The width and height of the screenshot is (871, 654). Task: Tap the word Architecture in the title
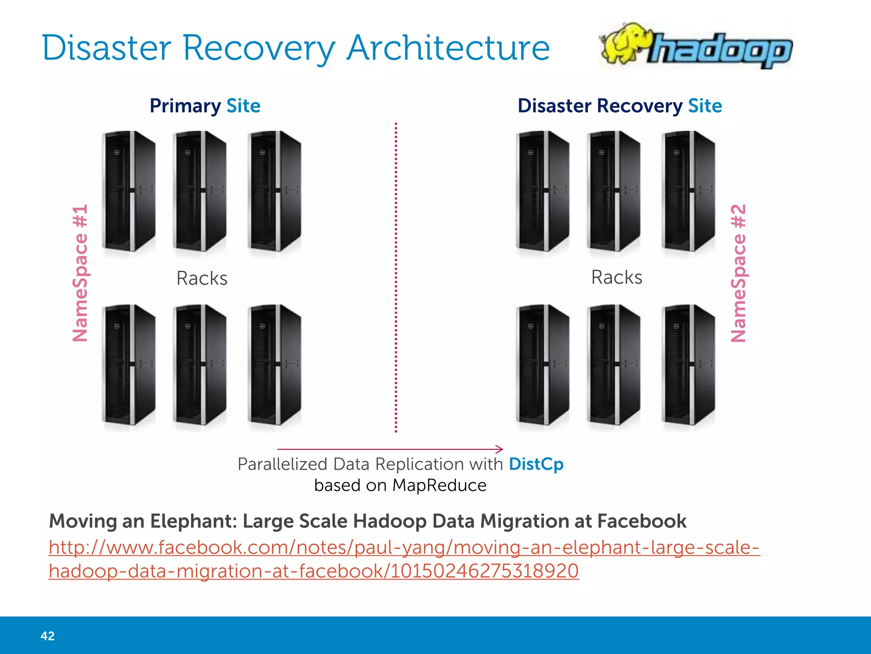coord(448,48)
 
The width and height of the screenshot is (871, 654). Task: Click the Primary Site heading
coord(205,106)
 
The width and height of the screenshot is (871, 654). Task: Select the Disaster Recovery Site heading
coord(619,106)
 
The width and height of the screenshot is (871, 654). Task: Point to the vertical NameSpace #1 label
coord(80,273)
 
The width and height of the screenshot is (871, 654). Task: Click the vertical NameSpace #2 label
coord(738,273)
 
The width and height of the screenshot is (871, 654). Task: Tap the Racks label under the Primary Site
coord(202,278)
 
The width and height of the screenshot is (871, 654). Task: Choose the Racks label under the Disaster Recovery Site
coord(617,277)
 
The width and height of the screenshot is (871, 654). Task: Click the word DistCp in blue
coord(536,464)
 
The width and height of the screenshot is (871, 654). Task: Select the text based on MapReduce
coord(400,485)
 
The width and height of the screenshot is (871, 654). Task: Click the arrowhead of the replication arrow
coord(500,449)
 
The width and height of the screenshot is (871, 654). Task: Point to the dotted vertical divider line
coord(396,277)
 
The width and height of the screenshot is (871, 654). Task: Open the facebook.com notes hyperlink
coord(404,548)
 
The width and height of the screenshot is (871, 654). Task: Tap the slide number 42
coord(48,636)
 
